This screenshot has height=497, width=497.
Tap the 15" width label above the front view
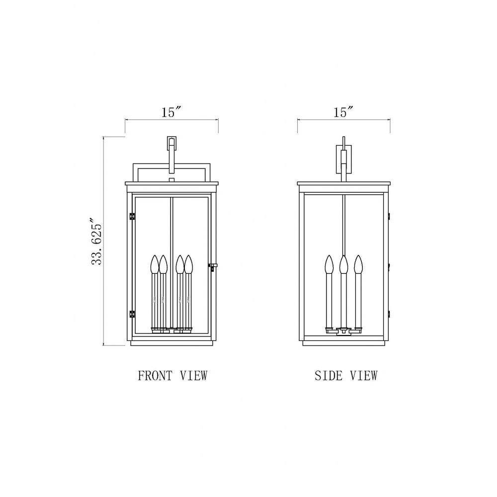pyautogui.click(x=171, y=112)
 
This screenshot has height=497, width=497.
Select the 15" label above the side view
pyautogui.click(x=343, y=112)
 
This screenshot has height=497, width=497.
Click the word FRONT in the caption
pyautogui.click(x=155, y=376)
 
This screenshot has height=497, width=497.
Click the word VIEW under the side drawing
pyautogui.click(x=364, y=376)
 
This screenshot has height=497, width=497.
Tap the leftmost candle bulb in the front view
pyautogui.click(x=155, y=264)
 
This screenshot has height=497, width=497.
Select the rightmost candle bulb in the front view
pyautogui.click(x=188, y=264)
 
